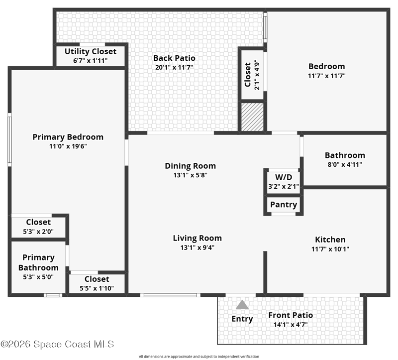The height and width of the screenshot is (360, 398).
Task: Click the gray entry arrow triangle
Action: pyautogui.click(x=242, y=305)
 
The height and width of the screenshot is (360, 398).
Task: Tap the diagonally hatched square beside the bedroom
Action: pyautogui.click(x=252, y=117)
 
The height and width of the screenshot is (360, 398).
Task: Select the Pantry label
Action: pyautogui.click(x=284, y=205)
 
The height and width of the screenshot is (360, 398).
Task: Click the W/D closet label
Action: pyautogui.click(x=284, y=177)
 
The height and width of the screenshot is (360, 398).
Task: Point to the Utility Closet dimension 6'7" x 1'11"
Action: pyautogui.click(x=91, y=61)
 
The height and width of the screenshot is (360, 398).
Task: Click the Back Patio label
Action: pyautogui.click(x=174, y=58)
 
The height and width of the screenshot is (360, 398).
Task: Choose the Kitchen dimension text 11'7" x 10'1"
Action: pyautogui.click(x=330, y=249)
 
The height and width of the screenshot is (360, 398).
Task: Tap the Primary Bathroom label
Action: pyautogui.click(x=38, y=262)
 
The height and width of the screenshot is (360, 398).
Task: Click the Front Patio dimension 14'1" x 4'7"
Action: pyautogui.click(x=291, y=325)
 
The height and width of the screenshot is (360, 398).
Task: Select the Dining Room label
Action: pyautogui.click(x=191, y=166)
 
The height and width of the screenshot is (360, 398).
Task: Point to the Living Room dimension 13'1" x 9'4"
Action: pyautogui.click(x=198, y=247)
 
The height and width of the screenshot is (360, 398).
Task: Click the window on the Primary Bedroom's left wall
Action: pyautogui.click(x=9, y=140)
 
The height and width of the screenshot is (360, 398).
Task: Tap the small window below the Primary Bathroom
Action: pyautogui.click(x=53, y=295)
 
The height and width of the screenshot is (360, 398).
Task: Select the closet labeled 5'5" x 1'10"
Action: pyautogui.click(x=97, y=283)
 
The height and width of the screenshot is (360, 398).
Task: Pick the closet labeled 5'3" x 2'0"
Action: pyautogui.click(x=38, y=227)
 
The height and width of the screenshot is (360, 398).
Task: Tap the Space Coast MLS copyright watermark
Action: pyautogui.click(x=57, y=344)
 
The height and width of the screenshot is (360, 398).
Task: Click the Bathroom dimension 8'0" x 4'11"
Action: pyautogui.click(x=345, y=165)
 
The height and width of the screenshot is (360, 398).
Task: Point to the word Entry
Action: pyautogui.click(x=242, y=319)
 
